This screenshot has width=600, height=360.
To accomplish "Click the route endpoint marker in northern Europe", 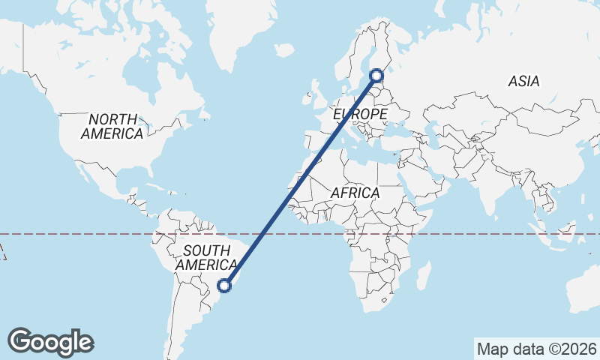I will point(376,75).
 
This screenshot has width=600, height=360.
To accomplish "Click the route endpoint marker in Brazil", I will point(224,285).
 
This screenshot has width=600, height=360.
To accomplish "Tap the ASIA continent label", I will point(523,81).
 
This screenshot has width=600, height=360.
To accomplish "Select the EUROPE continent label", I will point(360,114).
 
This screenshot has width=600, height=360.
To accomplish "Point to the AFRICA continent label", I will point(355,193).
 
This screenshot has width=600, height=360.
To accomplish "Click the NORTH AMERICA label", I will point(112,127).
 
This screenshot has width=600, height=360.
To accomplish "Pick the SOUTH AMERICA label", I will point(206,257).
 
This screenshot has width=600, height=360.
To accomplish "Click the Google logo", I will point(50,342).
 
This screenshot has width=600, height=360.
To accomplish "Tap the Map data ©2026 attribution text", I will point(536,349).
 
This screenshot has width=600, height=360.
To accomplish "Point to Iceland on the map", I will point(284,50).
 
